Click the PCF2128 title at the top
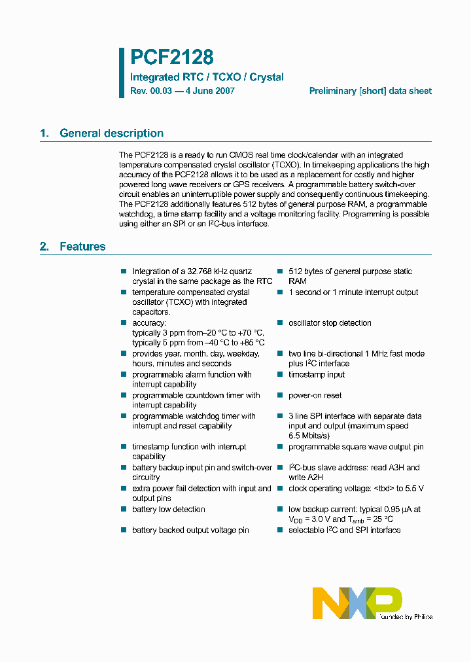point(171,58)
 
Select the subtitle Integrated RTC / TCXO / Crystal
point(207,77)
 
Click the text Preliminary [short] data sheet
point(370,92)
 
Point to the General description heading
point(111,133)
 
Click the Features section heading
point(82,247)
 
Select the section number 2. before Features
point(44,247)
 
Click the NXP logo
point(357,602)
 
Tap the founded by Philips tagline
point(405,616)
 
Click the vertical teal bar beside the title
point(122,73)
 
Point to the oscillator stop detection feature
point(330,323)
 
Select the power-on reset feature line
point(315,395)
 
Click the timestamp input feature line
point(317,375)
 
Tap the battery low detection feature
point(168,510)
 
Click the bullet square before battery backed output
point(122,530)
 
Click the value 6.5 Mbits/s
point(309,436)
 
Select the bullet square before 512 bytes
point(279,271)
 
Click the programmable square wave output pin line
point(356,447)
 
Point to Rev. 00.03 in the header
point(150,92)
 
